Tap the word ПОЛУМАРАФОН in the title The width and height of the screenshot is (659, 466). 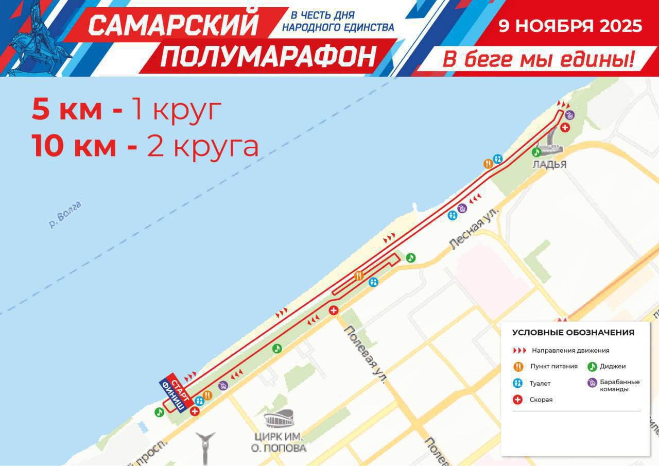point(268,56)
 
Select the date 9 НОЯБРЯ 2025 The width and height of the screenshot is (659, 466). point(570,26)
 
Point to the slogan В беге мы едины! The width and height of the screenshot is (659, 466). point(538,60)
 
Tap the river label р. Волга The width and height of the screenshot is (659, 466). point(65,215)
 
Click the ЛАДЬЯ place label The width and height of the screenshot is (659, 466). point(549,165)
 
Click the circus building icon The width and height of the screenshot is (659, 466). point(279,418)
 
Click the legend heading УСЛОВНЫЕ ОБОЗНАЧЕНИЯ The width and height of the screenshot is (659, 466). point(573,333)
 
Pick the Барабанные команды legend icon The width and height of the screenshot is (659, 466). point(592,383)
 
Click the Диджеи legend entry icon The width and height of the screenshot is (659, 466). point(592,367)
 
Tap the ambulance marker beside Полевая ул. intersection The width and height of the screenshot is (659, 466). point(334,310)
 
